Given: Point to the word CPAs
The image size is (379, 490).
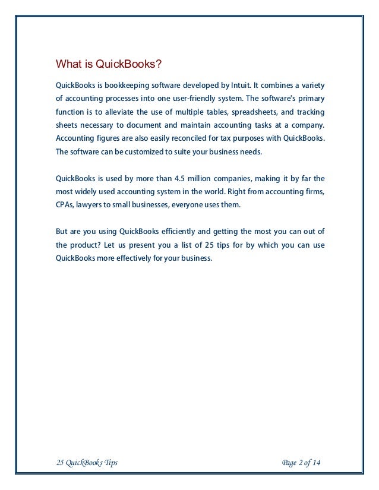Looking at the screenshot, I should pyautogui.click(x=64, y=204).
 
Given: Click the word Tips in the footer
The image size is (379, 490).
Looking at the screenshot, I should pyautogui.click(x=109, y=462).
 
